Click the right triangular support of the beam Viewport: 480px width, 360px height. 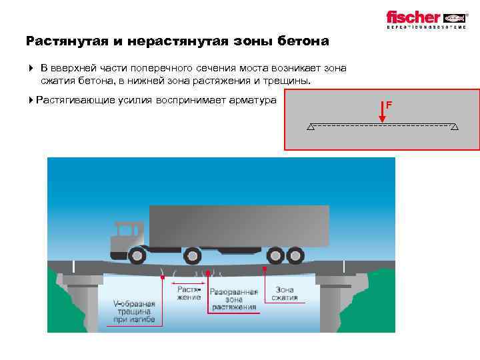click(455, 127)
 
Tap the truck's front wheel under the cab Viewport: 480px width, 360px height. click(138, 255)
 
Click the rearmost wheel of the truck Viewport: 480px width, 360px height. click(293, 255)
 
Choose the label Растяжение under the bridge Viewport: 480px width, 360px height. click(189, 293)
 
